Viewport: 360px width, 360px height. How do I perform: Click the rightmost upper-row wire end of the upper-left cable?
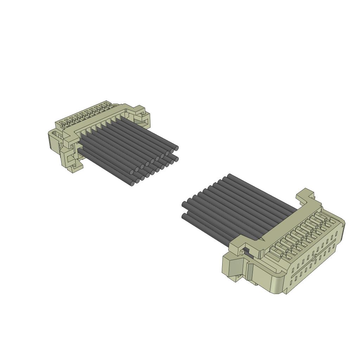[176, 148]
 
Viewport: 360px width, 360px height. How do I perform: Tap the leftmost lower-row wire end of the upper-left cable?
[132, 184]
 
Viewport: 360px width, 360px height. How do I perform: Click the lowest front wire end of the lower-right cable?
[184, 216]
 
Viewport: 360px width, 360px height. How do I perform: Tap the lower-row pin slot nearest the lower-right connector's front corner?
[291, 282]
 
